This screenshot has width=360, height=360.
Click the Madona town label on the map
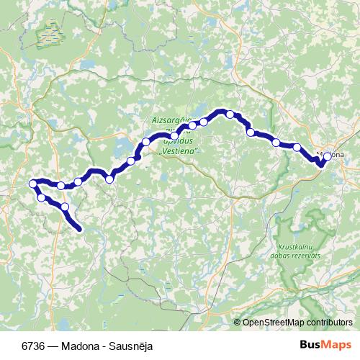(333, 155)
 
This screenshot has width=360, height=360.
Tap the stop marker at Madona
(328, 156)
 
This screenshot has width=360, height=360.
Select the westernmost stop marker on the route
(32, 184)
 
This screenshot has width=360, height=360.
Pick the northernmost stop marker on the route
(230, 114)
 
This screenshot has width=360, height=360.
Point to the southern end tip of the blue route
(79, 230)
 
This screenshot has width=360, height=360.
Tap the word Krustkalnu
(292, 247)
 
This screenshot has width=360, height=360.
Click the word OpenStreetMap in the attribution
(274, 322)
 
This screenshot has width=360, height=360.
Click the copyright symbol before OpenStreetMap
(238, 322)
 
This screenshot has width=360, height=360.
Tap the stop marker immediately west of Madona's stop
(297, 148)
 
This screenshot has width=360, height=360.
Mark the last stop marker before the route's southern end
(66, 207)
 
